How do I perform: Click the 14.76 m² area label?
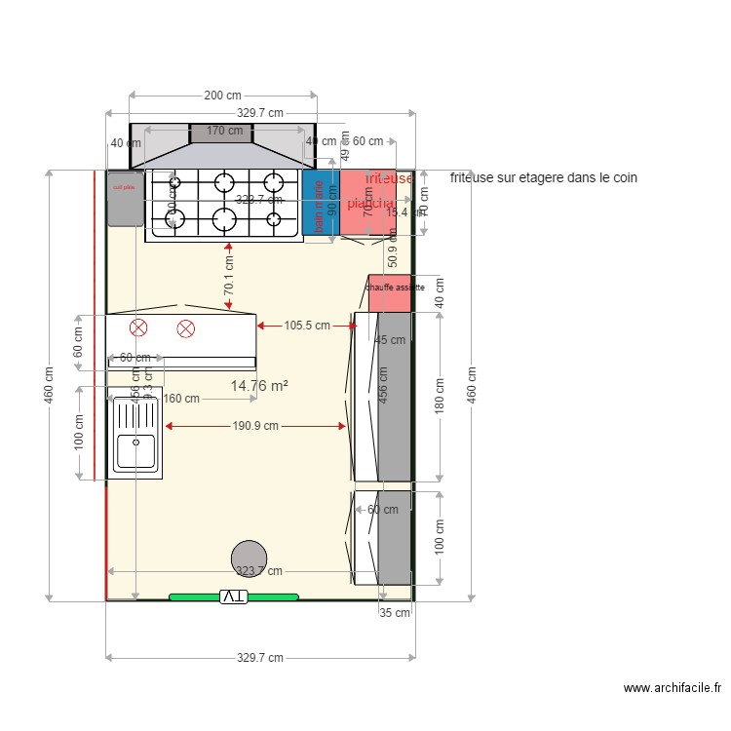(258, 386)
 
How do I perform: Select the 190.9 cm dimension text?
(256, 426)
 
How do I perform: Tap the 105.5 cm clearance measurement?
(306, 326)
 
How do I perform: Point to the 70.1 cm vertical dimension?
(228, 276)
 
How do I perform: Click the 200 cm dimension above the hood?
(222, 96)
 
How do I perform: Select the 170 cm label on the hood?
(224, 131)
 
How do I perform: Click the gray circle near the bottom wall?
(249, 558)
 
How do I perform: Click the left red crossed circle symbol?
(138, 328)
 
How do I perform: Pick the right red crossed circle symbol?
(185, 328)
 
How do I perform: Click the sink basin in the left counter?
(135, 452)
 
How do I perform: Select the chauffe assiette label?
(395, 288)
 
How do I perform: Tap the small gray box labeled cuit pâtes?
(126, 198)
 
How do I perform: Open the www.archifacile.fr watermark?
(673, 688)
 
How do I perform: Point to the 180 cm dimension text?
(439, 398)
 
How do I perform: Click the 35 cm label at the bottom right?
(395, 613)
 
